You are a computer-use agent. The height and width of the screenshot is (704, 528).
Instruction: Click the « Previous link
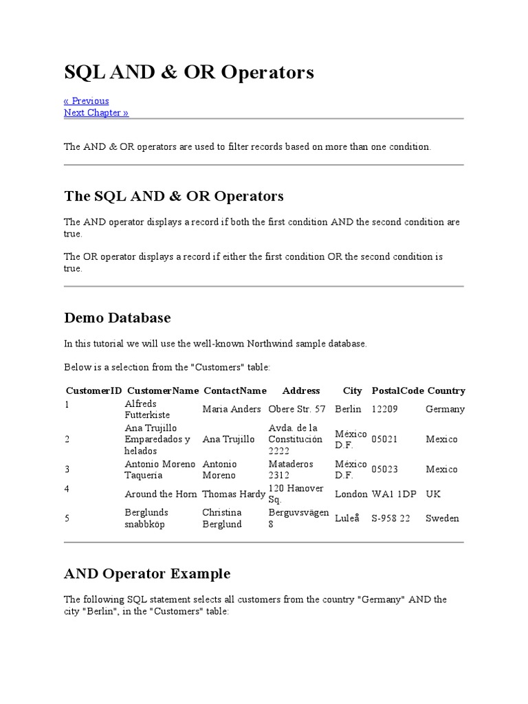pos(87,101)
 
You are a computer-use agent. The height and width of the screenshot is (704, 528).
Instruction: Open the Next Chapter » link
pos(96,113)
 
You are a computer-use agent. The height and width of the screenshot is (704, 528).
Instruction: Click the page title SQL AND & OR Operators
pos(189,72)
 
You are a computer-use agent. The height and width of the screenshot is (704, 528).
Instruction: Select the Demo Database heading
pos(118,318)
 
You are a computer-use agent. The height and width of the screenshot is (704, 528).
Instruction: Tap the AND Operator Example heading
pos(147,573)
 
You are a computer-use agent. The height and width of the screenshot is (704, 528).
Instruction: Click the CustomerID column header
pos(93,390)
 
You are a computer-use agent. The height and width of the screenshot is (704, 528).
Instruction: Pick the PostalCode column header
pos(397,390)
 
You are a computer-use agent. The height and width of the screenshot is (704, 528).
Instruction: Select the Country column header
pos(446,390)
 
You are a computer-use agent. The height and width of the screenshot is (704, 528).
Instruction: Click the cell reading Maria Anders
pos(232,409)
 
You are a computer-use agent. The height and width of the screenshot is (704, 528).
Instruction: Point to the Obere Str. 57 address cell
pos(297,409)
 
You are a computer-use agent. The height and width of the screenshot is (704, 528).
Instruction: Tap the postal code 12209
pos(385,409)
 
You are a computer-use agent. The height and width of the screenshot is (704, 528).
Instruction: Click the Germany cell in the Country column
pos(445,409)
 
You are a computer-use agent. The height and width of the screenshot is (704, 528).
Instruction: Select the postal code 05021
pos(384,439)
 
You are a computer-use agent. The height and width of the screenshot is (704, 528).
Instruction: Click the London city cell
pos(351,494)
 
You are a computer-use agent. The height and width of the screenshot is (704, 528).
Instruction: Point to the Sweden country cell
pos(442,518)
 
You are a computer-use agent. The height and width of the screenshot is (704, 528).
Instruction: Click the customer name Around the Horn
pos(161,494)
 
